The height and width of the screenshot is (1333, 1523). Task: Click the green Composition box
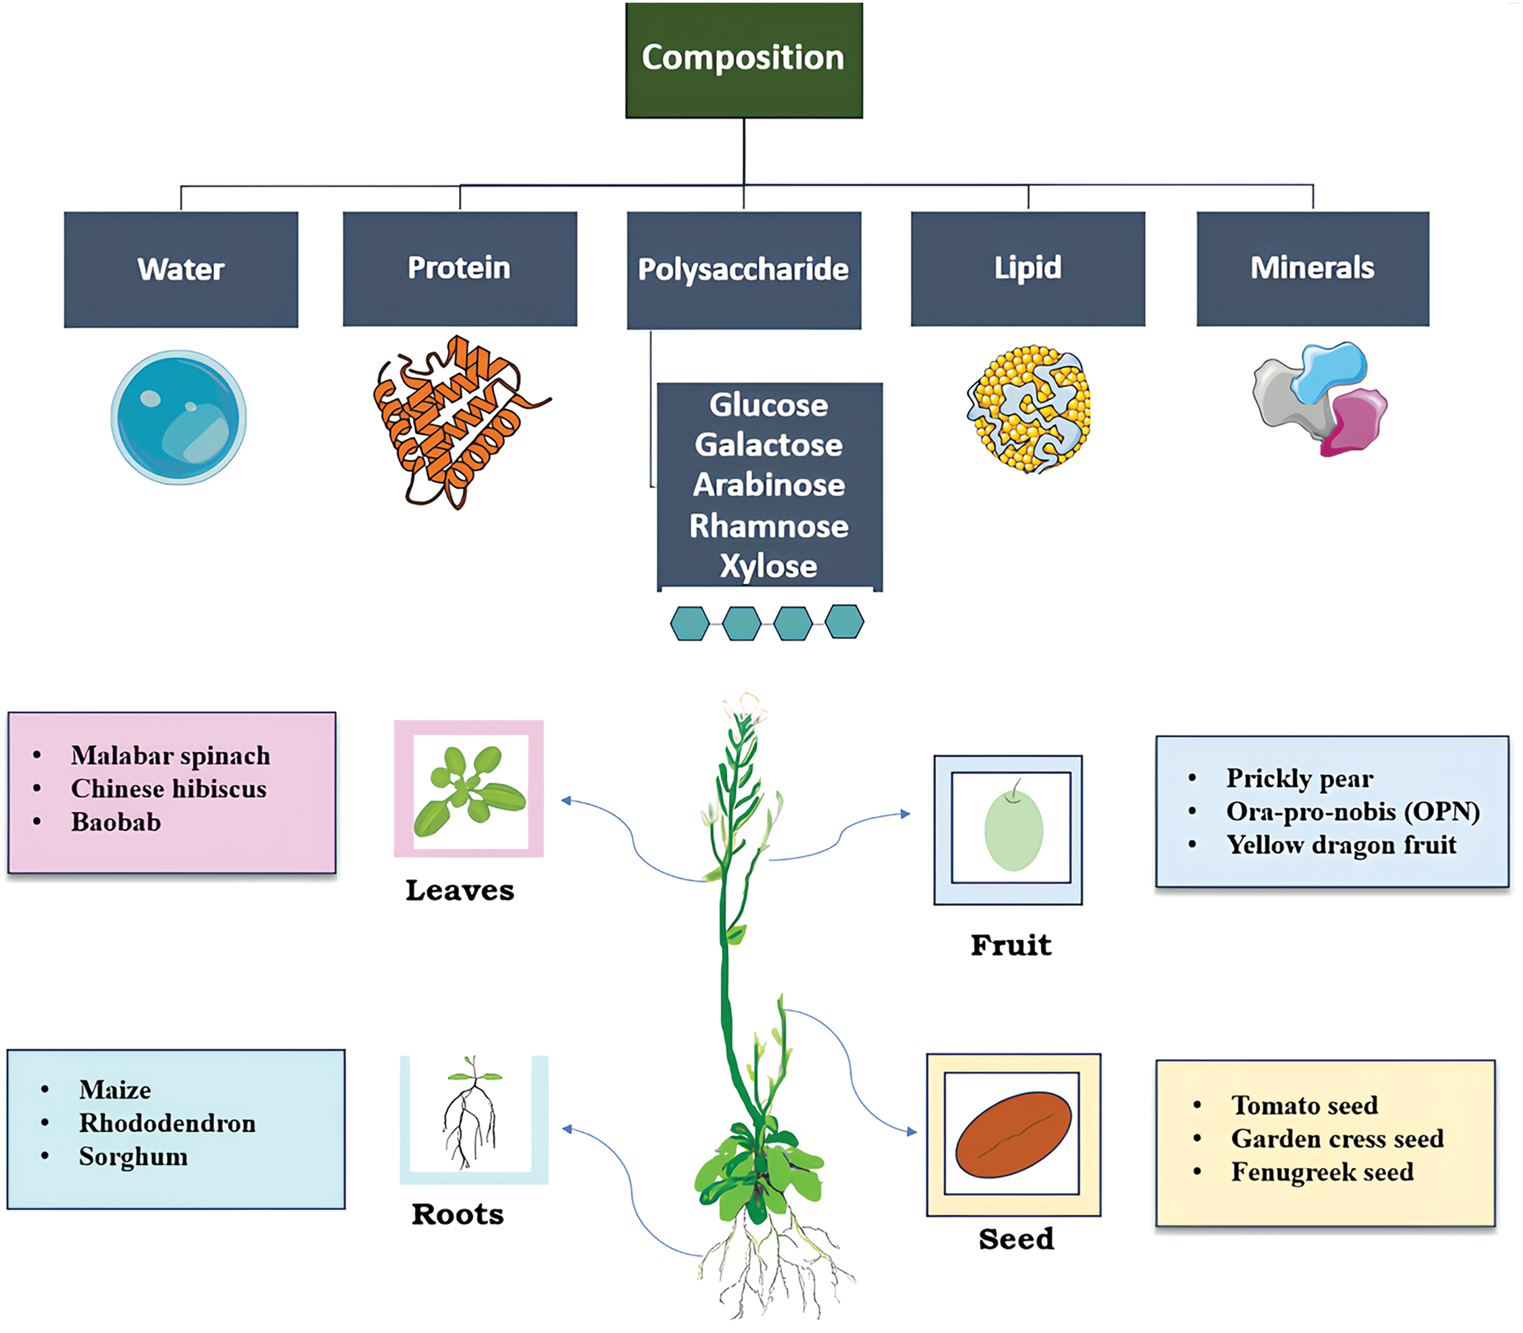tap(744, 60)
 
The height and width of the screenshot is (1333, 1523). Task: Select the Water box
tap(181, 269)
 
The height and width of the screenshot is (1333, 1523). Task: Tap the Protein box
tap(460, 269)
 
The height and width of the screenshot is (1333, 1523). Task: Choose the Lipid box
tap(1028, 269)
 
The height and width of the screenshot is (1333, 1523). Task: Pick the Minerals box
tap(1312, 269)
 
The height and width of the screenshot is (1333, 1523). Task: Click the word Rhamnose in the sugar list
tap(768, 526)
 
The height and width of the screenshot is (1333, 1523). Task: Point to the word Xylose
tap(768, 567)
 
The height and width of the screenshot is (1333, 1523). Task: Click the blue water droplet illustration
tap(179, 417)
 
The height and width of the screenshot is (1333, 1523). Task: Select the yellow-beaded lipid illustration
tap(1028, 409)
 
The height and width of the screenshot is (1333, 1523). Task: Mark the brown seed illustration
tap(1013, 1134)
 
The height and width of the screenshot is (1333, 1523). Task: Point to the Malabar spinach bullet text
tap(171, 756)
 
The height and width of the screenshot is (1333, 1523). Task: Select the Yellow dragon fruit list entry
tap(1342, 845)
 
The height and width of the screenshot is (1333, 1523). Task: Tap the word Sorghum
tap(133, 1156)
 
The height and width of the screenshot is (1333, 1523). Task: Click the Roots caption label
tap(458, 1214)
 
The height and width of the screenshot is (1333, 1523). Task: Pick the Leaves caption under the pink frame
tap(460, 890)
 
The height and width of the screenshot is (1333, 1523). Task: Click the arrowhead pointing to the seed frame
tap(912, 1131)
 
